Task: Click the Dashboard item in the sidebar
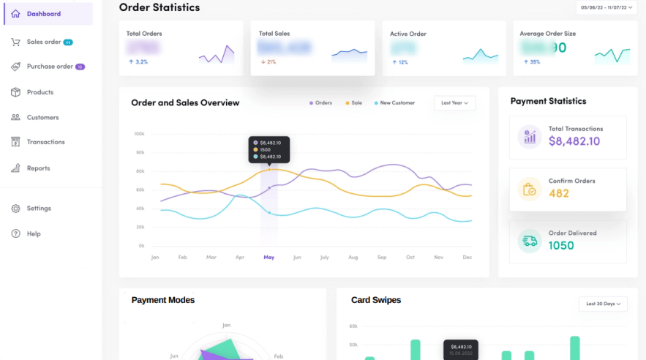43,14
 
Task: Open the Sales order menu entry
44,42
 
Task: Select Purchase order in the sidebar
50,67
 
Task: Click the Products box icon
15,92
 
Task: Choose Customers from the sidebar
42,117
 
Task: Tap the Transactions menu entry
45,142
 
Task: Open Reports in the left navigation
38,168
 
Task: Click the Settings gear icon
15,209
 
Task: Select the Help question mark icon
15,234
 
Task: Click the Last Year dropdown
454,103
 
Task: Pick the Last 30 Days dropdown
602,304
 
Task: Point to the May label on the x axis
268,258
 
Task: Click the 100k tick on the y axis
139,134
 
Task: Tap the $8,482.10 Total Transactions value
574,142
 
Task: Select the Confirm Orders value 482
559,194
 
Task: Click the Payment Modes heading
163,300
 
